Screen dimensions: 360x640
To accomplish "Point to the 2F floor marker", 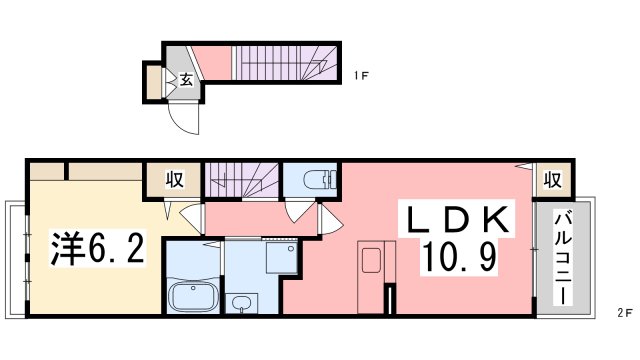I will [624, 313].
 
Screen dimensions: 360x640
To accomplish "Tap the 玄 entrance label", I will [186, 81].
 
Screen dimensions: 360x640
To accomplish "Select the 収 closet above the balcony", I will [552, 180].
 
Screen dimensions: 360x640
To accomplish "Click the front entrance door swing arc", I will [186, 116].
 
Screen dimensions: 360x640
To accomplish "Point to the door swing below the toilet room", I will [298, 211].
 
